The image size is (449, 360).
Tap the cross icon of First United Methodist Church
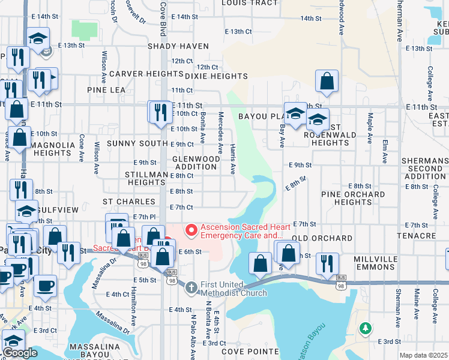point(191,287)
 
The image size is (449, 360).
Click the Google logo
point(20,353)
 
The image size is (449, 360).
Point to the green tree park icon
point(364,328)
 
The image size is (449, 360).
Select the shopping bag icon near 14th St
point(327,81)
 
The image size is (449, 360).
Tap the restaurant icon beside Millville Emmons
point(328,262)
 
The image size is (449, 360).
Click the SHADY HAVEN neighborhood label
point(179,46)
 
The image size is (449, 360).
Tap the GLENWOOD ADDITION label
point(196,163)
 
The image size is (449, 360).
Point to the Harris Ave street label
point(234,159)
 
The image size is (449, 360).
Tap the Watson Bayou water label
point(313,340)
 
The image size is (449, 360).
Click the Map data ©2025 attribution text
point(423,355)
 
